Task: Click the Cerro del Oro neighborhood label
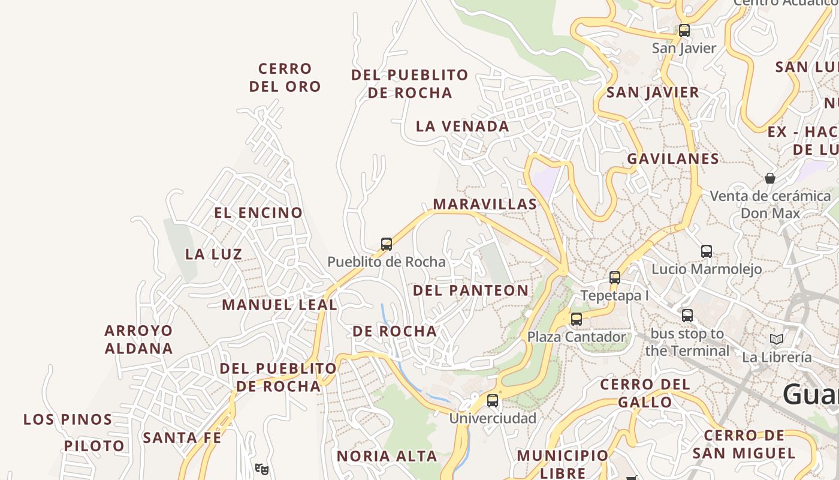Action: coord(285,77)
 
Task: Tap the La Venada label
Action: coord(462,127)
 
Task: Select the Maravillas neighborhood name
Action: coord(485,205)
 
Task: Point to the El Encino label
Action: coord(258,213)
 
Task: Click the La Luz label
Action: coord(213,254)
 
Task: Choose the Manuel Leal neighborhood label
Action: coord(279,305)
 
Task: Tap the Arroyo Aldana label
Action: coord(138,340)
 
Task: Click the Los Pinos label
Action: coord(68,419)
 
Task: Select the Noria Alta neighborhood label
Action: coord(387,457)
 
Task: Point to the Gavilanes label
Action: coord(672,159)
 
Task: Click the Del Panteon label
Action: coord(470,291)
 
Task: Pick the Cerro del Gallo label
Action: coord(644,393)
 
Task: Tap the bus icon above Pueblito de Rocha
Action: coord(387,244)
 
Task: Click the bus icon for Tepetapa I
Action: coord(614,278)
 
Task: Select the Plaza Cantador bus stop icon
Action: coord(576,319)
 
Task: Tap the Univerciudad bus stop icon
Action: coord(492,401)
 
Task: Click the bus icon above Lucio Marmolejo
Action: coord(707,251)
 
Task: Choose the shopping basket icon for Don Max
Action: coord(770,178)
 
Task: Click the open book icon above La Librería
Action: coord(776,340)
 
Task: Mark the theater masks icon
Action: coord(261,469)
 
